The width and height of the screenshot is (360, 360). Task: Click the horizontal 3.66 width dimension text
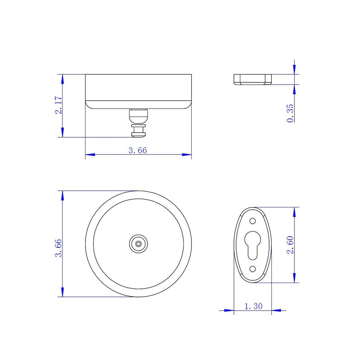[138, 151]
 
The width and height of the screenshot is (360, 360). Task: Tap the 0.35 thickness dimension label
[290, 113]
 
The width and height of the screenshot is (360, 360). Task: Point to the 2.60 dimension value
[290, 245]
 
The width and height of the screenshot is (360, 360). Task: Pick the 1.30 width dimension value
[253, 306]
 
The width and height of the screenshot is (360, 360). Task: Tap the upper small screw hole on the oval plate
[252, 221]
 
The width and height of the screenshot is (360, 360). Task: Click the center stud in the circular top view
[138, 243]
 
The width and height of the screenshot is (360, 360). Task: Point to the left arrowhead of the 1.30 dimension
[229, 310]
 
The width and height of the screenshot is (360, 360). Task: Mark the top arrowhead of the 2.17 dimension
[62, 79]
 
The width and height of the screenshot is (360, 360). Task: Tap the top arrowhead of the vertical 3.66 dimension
[62, 194]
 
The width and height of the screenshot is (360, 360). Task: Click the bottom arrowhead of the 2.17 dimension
[62, 133]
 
